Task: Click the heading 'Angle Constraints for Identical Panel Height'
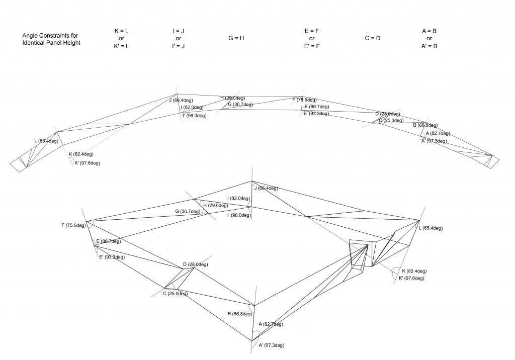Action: [x=51, y=39]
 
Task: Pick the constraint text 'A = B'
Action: [x=429, y=31]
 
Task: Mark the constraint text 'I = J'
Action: [x=178, y=31]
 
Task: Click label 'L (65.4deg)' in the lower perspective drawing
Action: [x=430, y=228]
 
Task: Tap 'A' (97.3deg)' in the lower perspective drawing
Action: [x=271, y=345]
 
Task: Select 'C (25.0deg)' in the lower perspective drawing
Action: [x=175, y=294]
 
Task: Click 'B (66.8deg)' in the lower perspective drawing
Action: [x=239, y=314]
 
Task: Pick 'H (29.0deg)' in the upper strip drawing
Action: [x=232, y=98]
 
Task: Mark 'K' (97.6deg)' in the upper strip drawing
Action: [x=87, y=163]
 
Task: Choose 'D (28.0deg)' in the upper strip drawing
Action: [x=387, y=114]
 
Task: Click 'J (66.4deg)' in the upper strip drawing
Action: [x=181, y=101]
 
